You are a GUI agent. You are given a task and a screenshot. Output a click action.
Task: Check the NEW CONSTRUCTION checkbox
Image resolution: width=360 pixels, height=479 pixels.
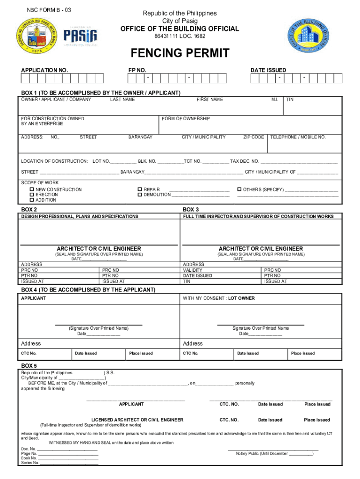click(32, 190)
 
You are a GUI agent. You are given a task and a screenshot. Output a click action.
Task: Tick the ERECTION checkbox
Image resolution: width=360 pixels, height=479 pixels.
click(32, 195)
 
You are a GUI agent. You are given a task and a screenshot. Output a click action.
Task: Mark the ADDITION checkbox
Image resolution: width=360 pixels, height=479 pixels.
click(32, 200)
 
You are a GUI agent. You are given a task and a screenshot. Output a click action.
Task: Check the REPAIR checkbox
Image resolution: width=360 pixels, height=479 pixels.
click(140, 190)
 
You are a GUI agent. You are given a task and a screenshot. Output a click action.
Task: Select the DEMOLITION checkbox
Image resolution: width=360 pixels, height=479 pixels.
click(140, 195)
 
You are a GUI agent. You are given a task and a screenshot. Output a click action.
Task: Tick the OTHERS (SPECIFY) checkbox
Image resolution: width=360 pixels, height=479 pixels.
click(239, 190)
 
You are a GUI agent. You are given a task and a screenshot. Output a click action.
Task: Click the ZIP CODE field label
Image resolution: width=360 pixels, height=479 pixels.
click(253, 137)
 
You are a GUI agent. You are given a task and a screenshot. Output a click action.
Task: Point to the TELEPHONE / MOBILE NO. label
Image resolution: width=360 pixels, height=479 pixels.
click(298, 137)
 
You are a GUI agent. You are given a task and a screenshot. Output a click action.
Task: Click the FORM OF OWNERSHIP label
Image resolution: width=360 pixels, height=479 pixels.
click(186, 119)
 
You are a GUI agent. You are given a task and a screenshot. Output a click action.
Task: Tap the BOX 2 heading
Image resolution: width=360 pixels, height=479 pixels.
click(29, 210)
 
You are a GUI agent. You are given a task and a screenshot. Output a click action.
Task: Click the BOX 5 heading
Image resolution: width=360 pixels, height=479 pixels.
click(29, 365)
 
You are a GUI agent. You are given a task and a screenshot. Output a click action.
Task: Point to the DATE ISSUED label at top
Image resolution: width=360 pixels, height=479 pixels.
click(268, 70)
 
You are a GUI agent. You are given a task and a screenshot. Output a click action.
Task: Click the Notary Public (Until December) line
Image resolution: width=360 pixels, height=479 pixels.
click(274, 454)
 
